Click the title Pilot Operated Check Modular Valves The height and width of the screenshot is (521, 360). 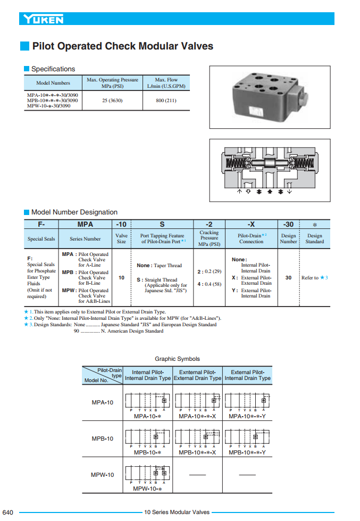click(122, 46)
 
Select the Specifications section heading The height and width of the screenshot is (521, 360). click(53, 69)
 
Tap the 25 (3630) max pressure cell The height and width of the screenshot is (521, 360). click(112, 101)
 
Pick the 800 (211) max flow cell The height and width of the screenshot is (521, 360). click(166, 101)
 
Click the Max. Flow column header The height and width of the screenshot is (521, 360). click(166, 82)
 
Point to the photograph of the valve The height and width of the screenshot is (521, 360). click(269, 97)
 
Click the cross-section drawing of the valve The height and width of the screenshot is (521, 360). click(269, 170)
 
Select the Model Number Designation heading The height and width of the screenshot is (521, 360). click(74, 212)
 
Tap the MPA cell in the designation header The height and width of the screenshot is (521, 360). click(85, 225)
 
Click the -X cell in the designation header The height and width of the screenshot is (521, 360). click(251, 225)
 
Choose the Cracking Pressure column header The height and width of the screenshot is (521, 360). click(209, 238)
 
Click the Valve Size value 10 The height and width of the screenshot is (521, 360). click(121, 277)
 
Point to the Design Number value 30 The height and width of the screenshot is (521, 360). click(288, 277)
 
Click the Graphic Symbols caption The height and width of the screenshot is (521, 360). click(177, 359)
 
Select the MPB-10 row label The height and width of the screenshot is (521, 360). click(103, 439)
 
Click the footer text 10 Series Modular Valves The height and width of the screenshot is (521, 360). click(177, 512)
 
